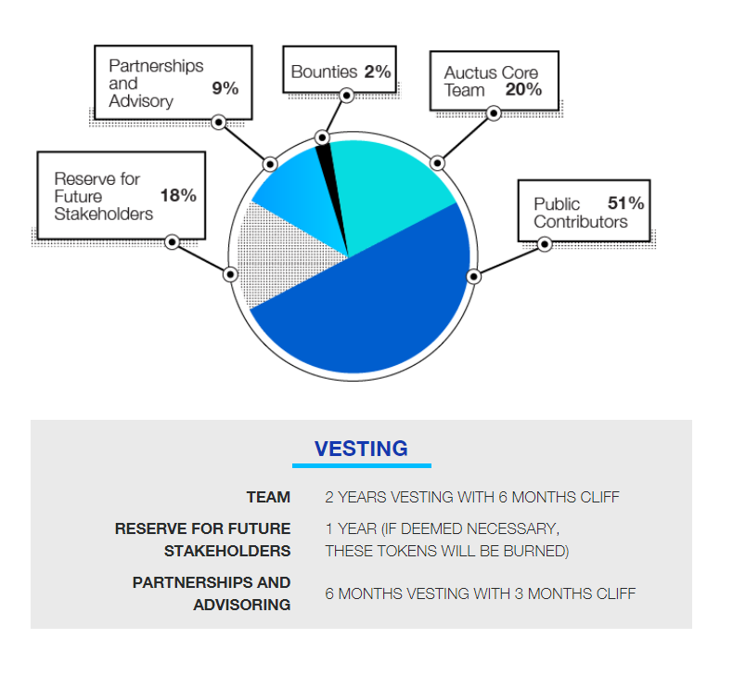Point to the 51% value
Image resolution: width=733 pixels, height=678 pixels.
point(625,203)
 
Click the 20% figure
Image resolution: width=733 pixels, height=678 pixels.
point(523,89)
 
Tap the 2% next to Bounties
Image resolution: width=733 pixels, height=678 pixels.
point(378,72)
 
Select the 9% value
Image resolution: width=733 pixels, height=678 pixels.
point(225,88)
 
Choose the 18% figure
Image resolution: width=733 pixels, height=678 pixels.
point(178,196)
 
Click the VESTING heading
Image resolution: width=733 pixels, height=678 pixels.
point(361,449)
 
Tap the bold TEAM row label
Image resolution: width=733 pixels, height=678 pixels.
point(268,497)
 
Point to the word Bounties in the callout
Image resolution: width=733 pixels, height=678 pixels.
point(324,72)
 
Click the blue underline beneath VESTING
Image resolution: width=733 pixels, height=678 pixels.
point(361,465)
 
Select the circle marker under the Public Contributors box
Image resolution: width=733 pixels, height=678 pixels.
point(544,244)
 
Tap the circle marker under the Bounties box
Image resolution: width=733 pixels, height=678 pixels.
point(346,96)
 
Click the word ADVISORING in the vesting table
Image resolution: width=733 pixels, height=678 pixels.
point(242,605)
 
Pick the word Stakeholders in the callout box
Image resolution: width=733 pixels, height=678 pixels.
point(104,214)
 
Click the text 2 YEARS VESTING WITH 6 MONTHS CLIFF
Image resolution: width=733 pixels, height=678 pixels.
point(472,497)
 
